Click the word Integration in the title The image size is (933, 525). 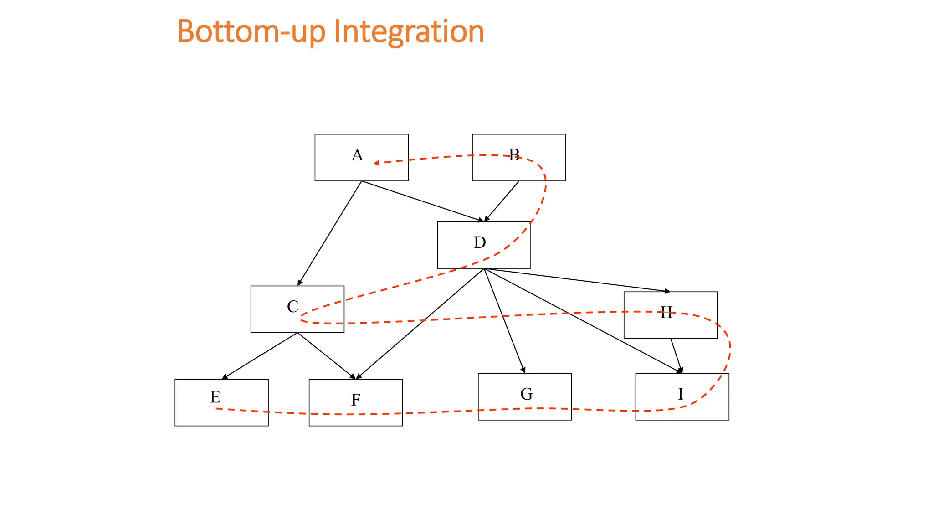click(409, 31)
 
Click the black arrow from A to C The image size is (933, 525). click(329, 233)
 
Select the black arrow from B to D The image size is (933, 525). click(502, 201)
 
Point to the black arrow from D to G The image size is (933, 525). click(504, 321)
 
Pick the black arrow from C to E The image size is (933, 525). click(260, 356)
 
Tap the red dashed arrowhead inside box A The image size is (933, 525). click(376, 163)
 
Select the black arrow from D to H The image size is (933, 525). click(577, 280)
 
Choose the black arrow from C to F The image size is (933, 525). click(326, 356)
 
